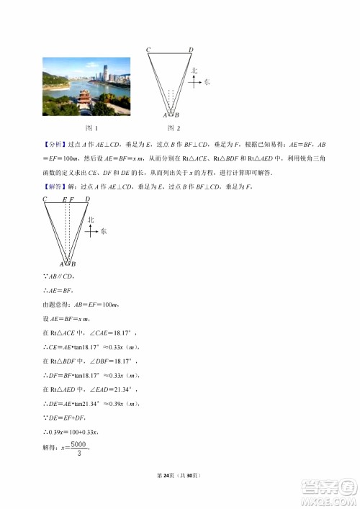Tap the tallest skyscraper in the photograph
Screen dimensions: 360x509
[104, 73]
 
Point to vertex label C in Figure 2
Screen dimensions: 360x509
[148, 49]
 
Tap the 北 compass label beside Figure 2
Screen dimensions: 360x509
[194, 71]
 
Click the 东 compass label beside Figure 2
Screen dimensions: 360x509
[207, 82]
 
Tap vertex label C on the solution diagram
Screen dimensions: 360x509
[45, 199]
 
